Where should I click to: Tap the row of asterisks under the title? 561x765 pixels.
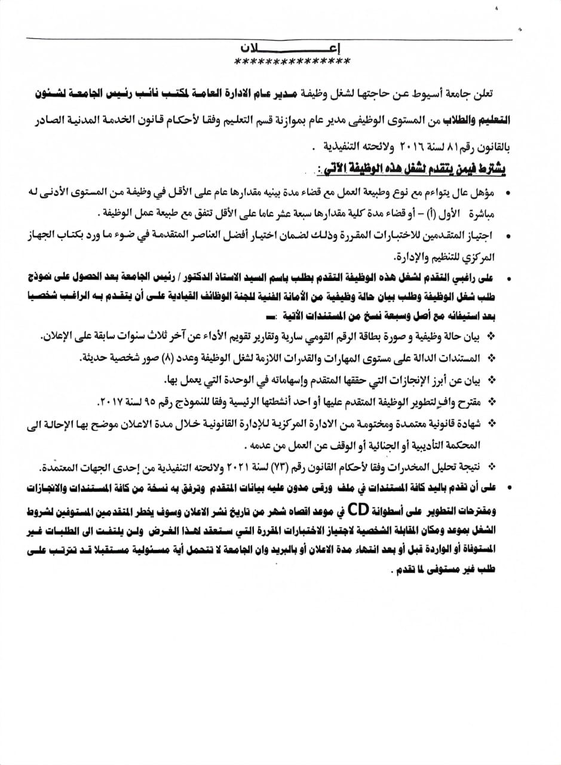[x=292, y=62]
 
